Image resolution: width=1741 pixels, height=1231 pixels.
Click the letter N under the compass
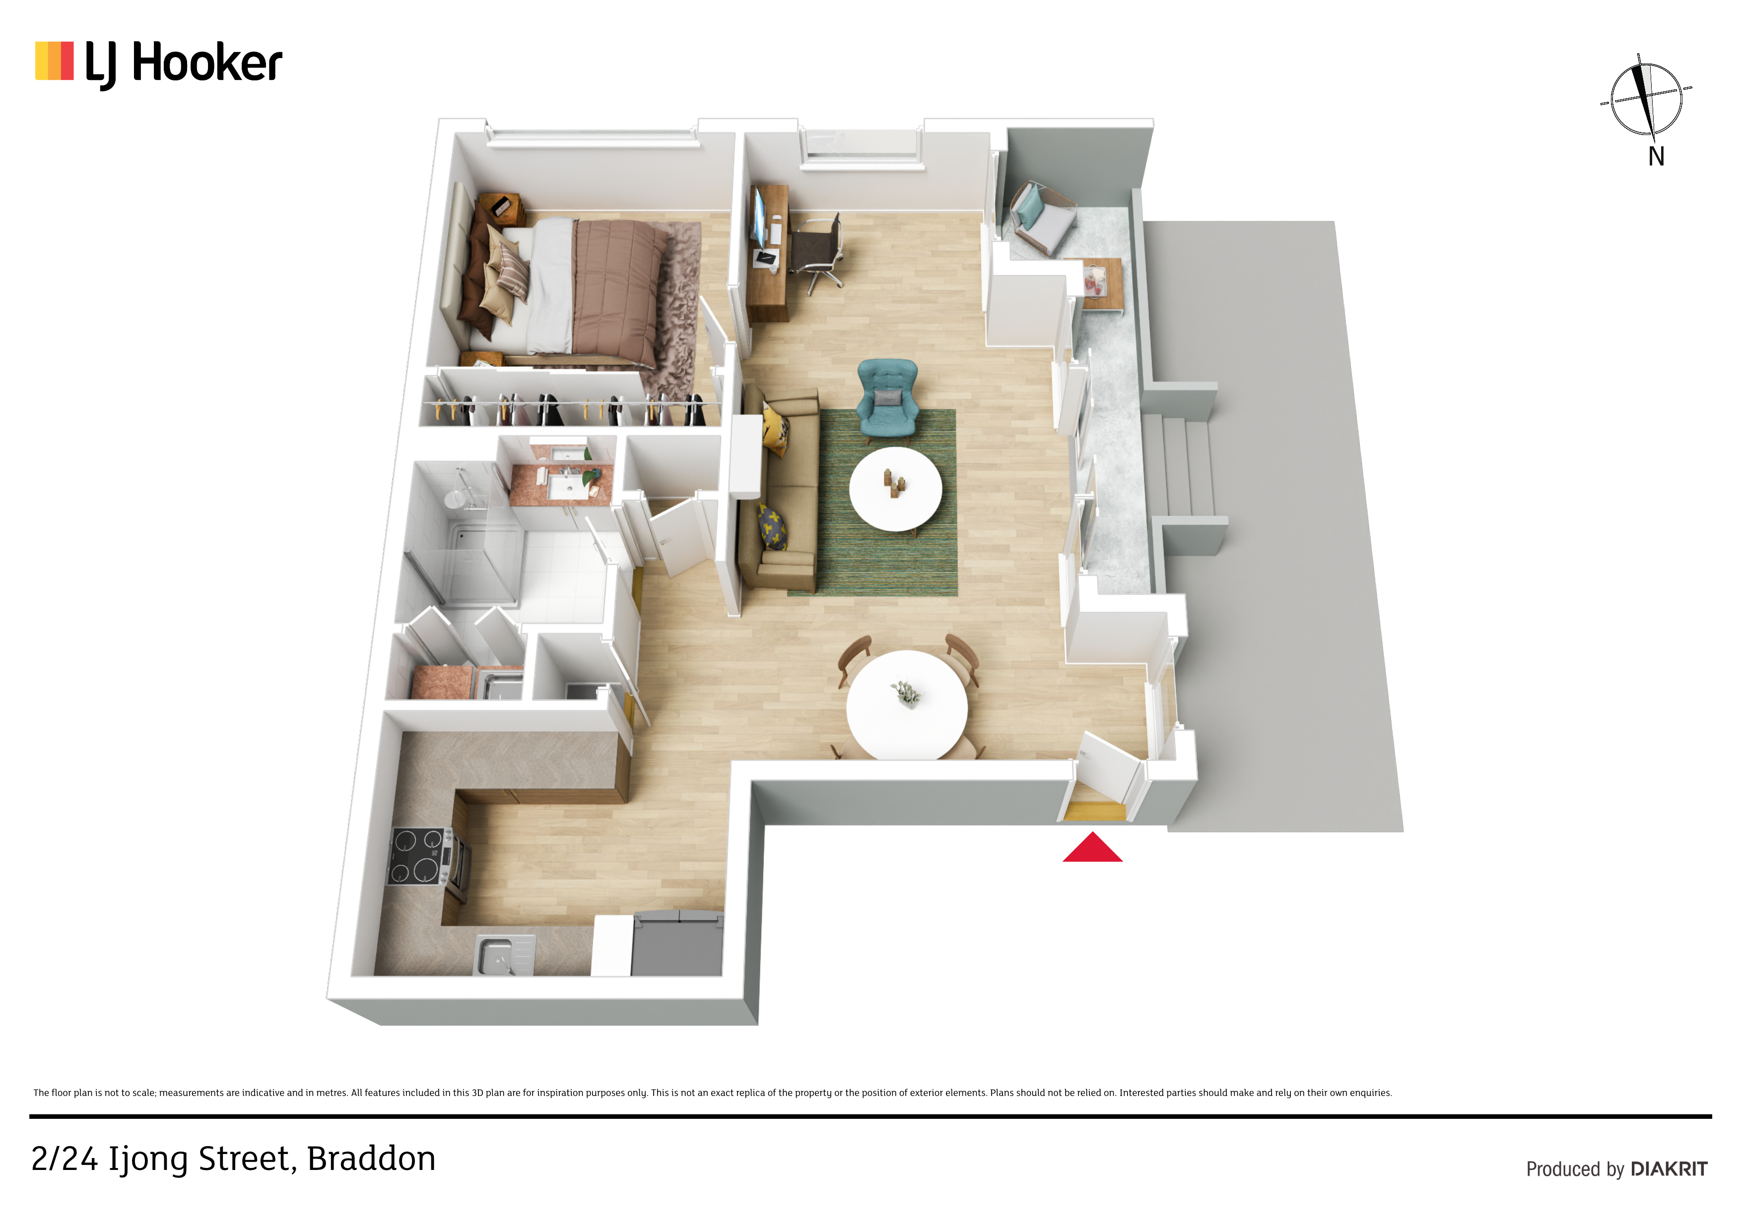click(1657, 156)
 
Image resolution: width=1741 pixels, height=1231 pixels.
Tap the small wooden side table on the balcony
click(1096, 284)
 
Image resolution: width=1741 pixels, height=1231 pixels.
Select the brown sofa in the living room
click(779, 489)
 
